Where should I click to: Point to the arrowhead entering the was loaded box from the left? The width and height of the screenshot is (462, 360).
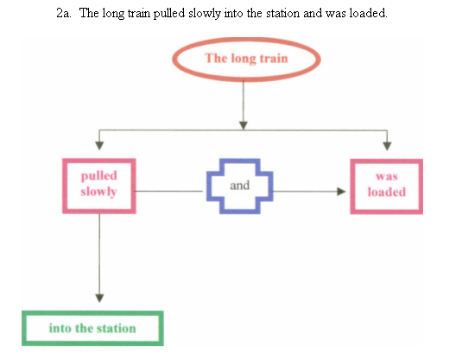pyautogui.click(x=341, y=192)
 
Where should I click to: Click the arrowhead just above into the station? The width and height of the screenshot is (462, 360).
pyautogui.click(x=99, y=298)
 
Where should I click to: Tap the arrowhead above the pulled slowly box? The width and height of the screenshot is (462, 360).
pyautogui.click(x=99, y=146)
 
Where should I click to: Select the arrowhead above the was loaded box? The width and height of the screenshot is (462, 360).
pyautogui.click(x=387, y=146)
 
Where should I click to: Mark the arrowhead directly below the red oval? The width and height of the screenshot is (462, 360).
pyautogui.click(x=244, y=125)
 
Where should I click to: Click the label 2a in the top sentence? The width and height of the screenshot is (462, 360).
pyautogui.click(x=64, y=13)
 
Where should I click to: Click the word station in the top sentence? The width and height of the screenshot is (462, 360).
pyautogui.click(x=283, y=13)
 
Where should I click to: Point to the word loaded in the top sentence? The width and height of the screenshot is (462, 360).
pyautogui.click(x=368, y=13)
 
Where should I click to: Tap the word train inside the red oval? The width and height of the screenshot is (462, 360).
pyautogui.click(x=274, y=59)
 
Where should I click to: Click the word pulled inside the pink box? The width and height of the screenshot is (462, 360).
pyautogui.click(x=99, y=176)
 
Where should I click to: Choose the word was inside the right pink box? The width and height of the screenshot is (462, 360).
pyautogui.click(x=387, y=176)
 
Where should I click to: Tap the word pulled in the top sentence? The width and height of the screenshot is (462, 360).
pyautogui.click(x=169, y=14)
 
